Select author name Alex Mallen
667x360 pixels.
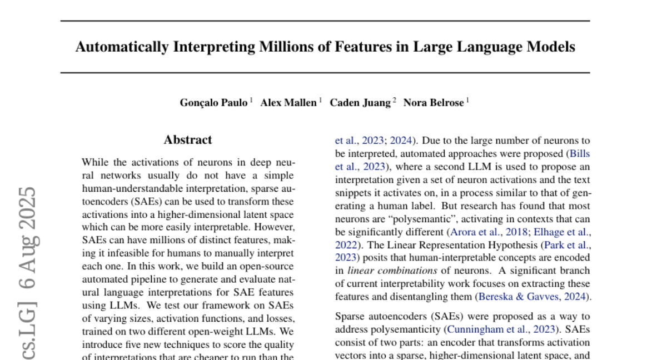(288, 103)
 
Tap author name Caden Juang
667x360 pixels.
(360, 103)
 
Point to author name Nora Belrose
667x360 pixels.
(433, 103)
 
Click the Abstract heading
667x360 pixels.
(188, 140)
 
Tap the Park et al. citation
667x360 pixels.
(573, 245)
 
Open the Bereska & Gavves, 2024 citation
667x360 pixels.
(530, 297)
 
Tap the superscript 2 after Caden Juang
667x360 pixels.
(394, 101)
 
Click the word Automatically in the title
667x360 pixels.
(121, 47)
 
